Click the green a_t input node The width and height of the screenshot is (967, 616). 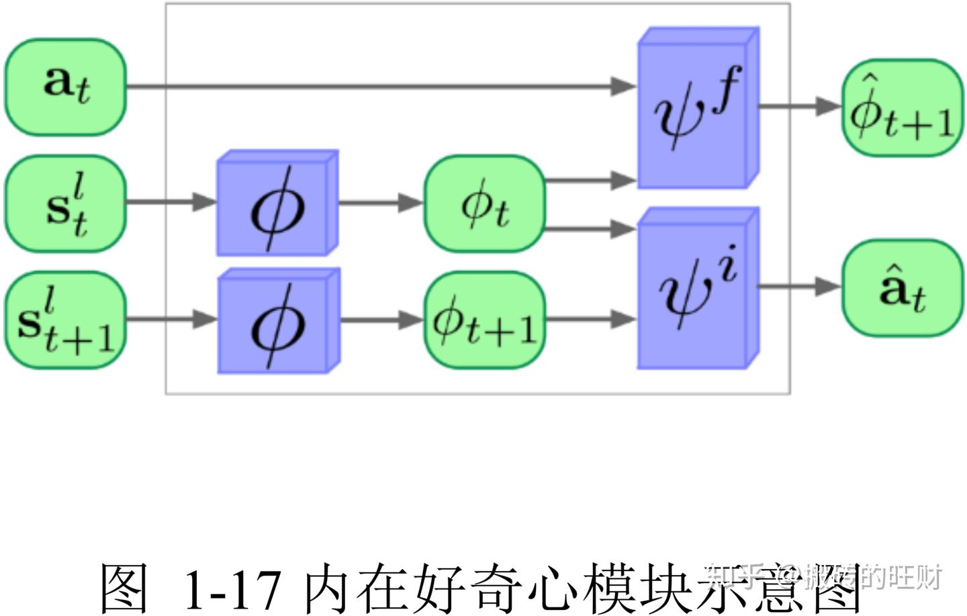coord(66,87)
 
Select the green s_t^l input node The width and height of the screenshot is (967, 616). coord(66,204)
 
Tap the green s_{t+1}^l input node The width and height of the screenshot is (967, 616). coord(66,320)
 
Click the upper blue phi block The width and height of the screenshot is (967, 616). coord(277,204)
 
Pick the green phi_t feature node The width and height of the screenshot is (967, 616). coord(484,204)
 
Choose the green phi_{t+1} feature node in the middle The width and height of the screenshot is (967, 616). coord(484,320)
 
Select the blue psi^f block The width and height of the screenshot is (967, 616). coord(697,109)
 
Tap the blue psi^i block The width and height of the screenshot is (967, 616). coord(697,289)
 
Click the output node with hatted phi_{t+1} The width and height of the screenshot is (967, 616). coord(902,107)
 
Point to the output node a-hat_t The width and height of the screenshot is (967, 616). coord(902,288)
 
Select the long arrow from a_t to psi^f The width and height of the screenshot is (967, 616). coord(376,86)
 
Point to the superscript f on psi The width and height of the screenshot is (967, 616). coord(727,85)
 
